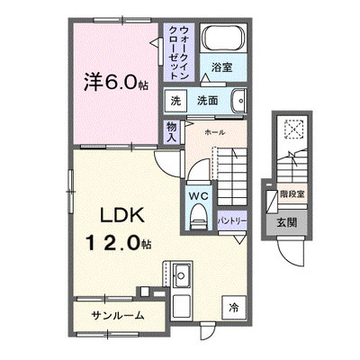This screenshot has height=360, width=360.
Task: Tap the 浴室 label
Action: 221,67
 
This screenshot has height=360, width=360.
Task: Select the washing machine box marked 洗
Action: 175,101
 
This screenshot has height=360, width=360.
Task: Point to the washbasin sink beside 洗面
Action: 238,101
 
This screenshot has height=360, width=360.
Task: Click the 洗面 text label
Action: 207,101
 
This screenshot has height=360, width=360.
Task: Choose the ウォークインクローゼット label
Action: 179,53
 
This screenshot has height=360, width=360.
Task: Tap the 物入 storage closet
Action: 171,132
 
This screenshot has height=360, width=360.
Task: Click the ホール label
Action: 215,132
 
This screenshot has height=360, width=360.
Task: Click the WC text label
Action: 198,196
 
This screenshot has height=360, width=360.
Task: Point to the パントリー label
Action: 232,221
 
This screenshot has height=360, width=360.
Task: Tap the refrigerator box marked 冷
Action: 234,308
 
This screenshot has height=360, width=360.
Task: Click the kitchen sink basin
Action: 181,275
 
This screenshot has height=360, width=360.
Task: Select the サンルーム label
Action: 118,315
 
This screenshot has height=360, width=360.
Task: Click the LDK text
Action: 122,215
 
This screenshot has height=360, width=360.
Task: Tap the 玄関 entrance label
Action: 287,222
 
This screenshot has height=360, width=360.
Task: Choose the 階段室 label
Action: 292,194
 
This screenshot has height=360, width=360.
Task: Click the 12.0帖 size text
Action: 118,242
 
